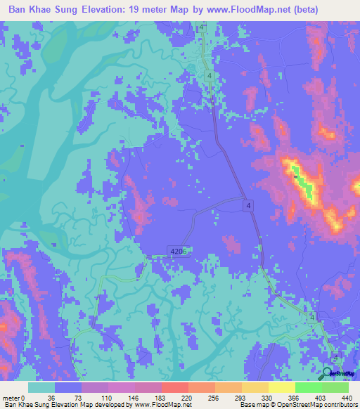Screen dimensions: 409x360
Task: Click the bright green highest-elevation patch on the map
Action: (300, 181)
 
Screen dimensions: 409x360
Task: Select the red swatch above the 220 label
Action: (174, 387)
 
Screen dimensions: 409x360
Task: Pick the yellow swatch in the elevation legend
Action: (281, 387)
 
